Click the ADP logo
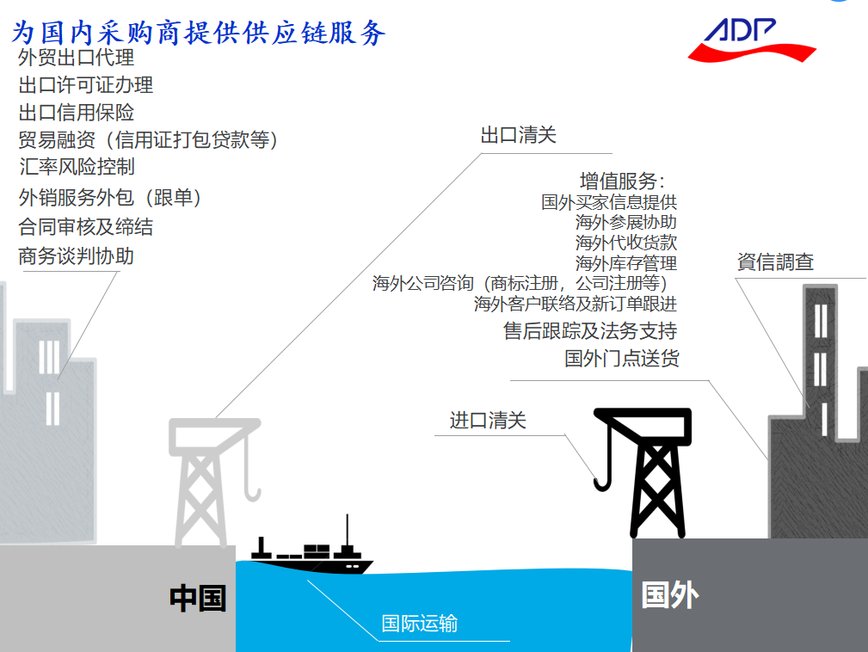click(x=751, y=40)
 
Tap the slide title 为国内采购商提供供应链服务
click(x=198, y=33)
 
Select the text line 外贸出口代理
click(x=77, y=58)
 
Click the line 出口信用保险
click(x=77, y=113)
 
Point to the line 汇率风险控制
click(x=77, y=167)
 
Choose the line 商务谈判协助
click(x=77, y=256)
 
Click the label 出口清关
click(x=518, y=135)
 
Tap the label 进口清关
click(x=488, y=421)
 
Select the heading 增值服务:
click(x=622, y=181)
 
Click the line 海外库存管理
click(x=626, y=263)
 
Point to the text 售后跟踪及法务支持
click(x=590, y=331)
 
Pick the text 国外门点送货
click(x=622, y=359)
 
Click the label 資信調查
click(x=776, y=261)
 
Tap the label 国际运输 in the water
click(x=420, y=624)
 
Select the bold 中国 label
click(x=198, y=599)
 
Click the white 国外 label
click(x=670, y=595)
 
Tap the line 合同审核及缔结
click(x=86, y=227)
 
